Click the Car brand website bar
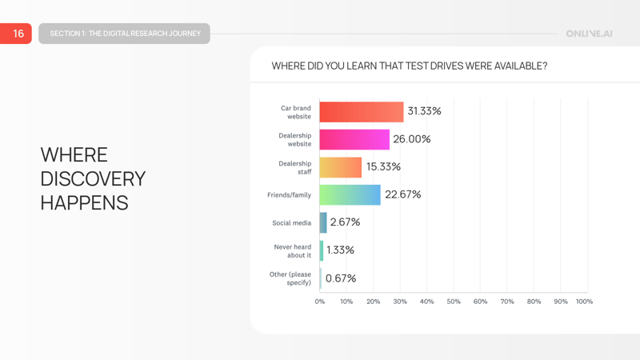(x=362, y=112)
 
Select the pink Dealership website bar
(x=354, y=139)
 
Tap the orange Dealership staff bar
(x=341, y=167)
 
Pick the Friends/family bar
(x=350, y=194)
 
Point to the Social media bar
(x=323, y=222)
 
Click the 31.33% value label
(x=424, y=111)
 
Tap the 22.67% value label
(x=403, y=194)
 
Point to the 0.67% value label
(x=341, y=278)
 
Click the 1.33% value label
(x=340, y=250)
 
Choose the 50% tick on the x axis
(x=454, y=302)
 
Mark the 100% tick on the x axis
(x=584, y=302)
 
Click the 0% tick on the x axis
(x=320, y=302)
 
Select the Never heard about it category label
(x=293, y=251)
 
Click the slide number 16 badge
(x=17, y=34)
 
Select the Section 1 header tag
(x=125, y=34)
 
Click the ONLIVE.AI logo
(x=589, y=34)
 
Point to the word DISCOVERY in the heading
(x=93, y=178)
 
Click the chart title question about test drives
(x=410, y=66)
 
